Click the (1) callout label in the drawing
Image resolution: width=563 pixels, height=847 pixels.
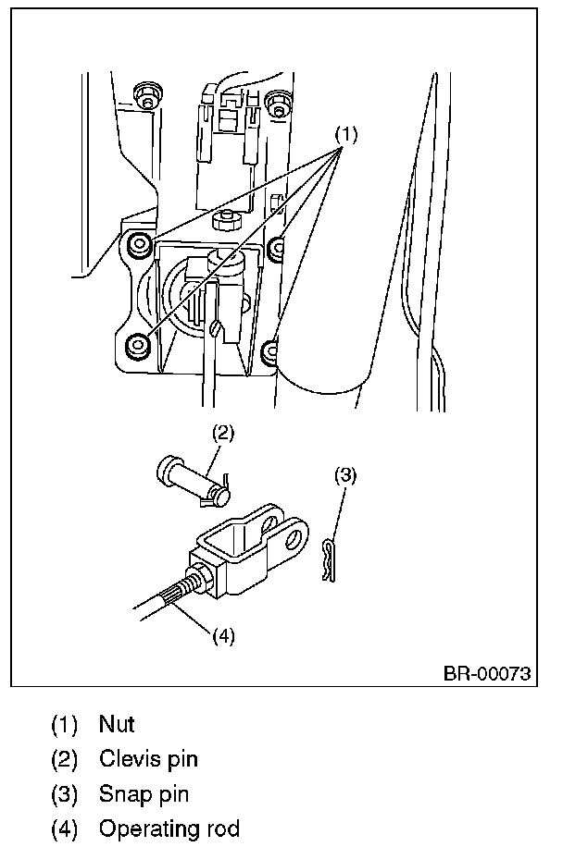click(x=346, y=133)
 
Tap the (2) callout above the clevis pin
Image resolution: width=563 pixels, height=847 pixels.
click(x=223, y=433)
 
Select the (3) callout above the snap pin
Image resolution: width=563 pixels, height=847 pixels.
click(x=345, y=475)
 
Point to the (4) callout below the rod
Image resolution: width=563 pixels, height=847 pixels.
click(x=223, y=636)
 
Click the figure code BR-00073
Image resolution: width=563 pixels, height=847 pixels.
click(x=487, y=673)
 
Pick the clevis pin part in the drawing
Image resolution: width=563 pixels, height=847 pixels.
click(x=194, y=482)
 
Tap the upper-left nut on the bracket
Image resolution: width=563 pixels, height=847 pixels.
click(x=140, y=244)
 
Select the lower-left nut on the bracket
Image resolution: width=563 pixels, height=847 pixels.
click(x=138, y=345)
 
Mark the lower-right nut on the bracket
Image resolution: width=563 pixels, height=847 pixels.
click(x=269, y=351)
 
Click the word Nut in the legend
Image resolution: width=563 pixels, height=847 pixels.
click(x=117, y=724)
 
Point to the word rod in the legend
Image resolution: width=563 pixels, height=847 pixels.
click(x=220, y=829)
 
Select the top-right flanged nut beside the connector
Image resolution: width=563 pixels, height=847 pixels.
click(x=278, y=103)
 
